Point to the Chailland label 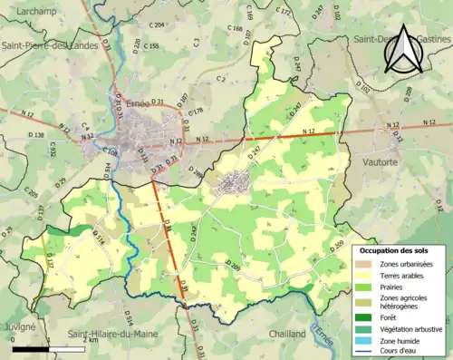pos(287,334)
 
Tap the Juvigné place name pos(18,325)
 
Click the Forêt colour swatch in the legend pos(368,316)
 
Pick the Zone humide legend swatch pos(368,341)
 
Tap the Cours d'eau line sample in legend pos(368,352)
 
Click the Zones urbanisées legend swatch pos(368,263)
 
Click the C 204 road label pos(156,25)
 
